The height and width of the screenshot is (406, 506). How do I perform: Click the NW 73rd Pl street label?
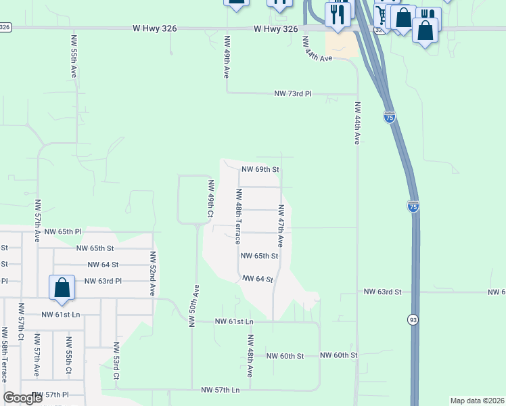pyautogui.click(x=293, y=94)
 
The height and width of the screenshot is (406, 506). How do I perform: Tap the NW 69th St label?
pyautogui.click(x=260, y=169)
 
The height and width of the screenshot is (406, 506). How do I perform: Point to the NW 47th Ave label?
pyautogui.click(x=280, y=225)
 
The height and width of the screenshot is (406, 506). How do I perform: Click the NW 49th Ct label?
pyautogui.click(x=211, y=199)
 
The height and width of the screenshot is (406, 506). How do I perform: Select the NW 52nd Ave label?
pyautogui.click(x=154, y=273)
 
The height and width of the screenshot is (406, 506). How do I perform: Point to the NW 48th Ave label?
pyautogui.click(x=250, y=356)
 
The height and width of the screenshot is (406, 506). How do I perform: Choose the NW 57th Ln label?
pyautogui.click(x=221, y=390)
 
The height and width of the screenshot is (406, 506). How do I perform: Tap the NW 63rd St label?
pyautogui.click(x=383, y=292)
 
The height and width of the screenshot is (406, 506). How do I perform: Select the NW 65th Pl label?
pyautogui.click(x=62, y=231)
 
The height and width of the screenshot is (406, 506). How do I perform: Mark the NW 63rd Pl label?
pyautogui.click(x=103, y=281)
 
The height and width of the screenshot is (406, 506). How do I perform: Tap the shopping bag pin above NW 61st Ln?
pyautogui.click(x=62, y=287)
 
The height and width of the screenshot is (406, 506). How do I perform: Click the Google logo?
pyautogui.click(x=22, y=398)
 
